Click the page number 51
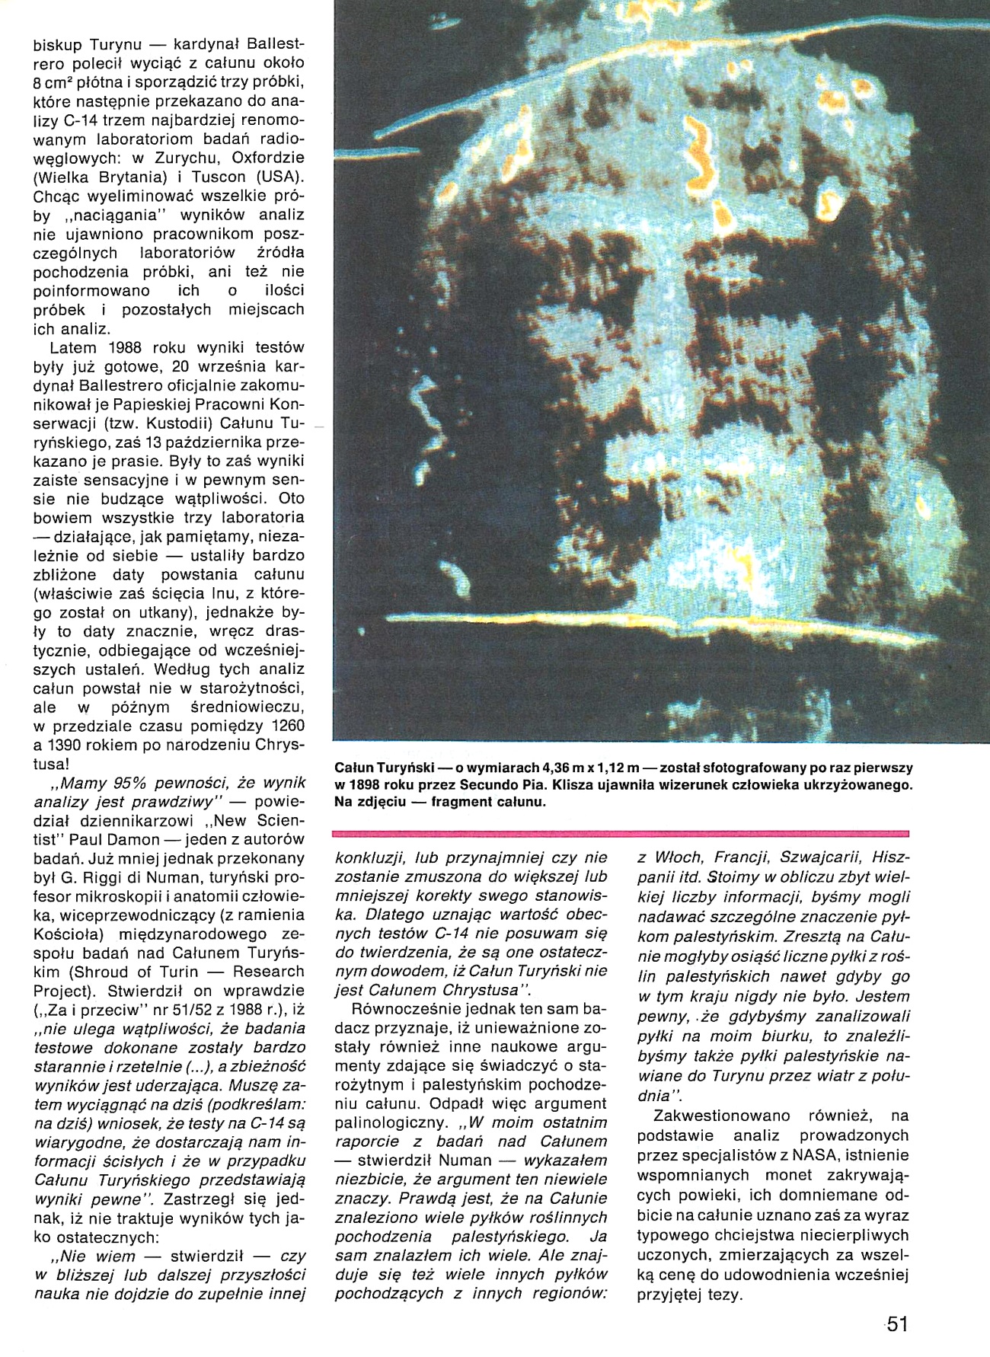tap(897, 1323)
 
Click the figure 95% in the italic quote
tap(120, 783)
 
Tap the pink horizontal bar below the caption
tap(621, 832)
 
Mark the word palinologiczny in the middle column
tap(385, 1122)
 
